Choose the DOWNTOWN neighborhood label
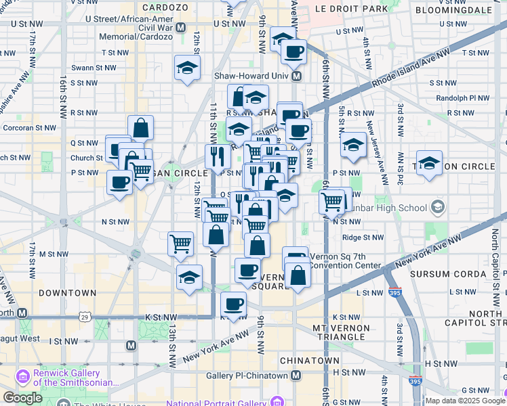click(67, 293)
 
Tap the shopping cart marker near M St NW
click(180, 243)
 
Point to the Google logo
click(24, 397)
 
